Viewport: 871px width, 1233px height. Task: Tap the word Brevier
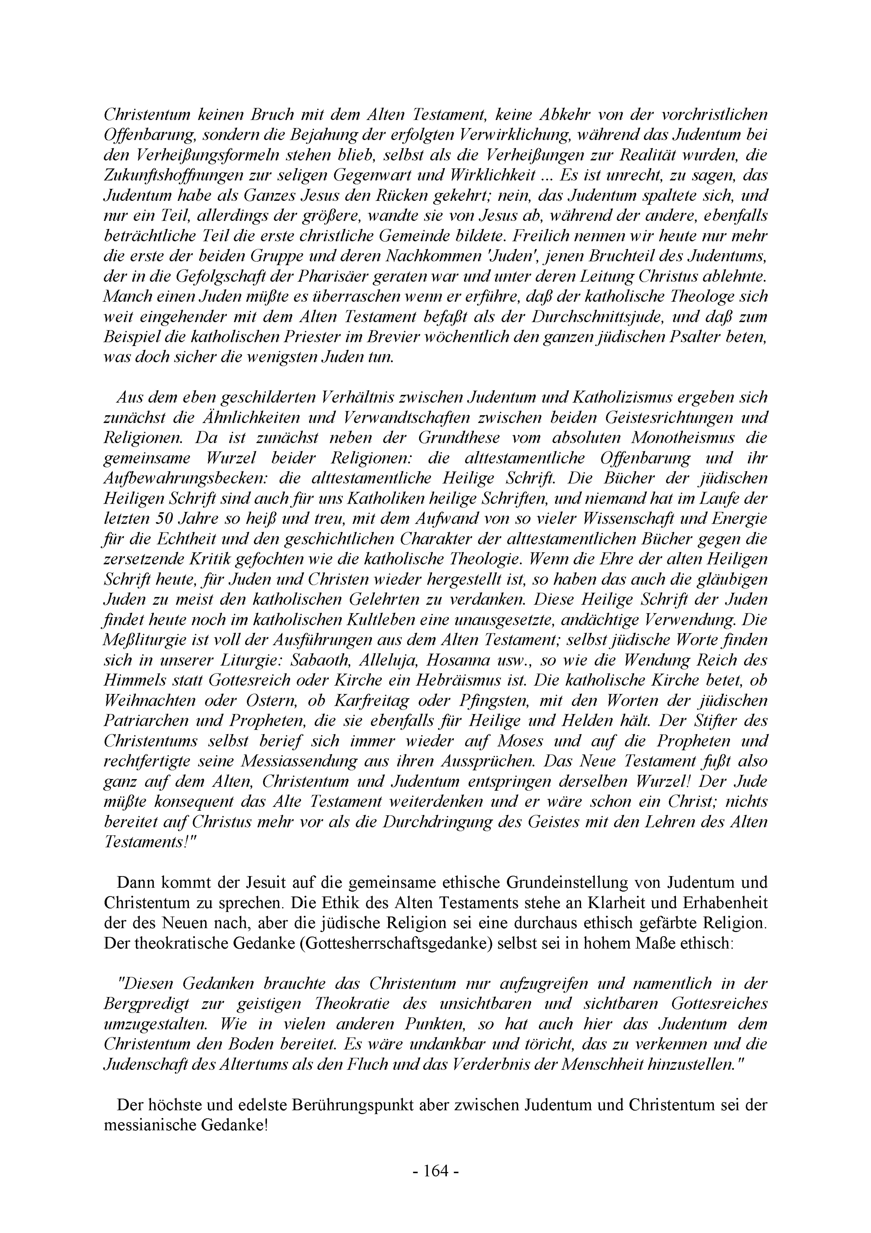pos(389,337)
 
